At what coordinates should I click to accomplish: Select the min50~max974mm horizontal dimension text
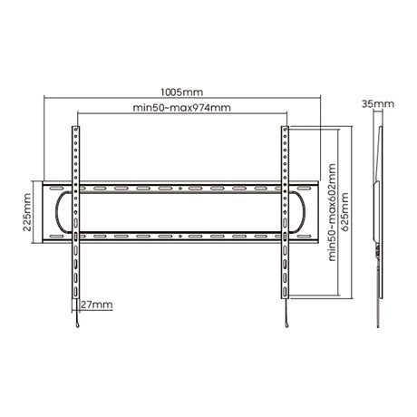pos(181,108)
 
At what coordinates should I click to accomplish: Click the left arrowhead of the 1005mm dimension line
pos(43,100)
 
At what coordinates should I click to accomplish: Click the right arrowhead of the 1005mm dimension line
pos(321,100)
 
